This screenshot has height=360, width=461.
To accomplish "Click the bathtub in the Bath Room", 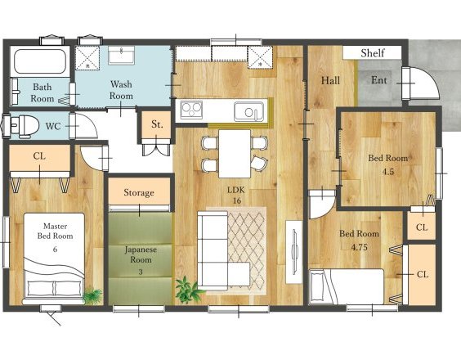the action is (x=40, y=61).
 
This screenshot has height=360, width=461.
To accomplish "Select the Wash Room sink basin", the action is (x=121, y=56).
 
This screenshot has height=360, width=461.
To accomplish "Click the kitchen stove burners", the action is (x=191, y=110).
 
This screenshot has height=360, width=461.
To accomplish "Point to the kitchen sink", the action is (x=248, y=111).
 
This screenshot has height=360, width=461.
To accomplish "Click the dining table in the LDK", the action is (x=235, y=154).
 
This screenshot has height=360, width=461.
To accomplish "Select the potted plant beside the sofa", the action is (x=188, y=289).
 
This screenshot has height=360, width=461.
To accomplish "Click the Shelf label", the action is (x=373, y=53).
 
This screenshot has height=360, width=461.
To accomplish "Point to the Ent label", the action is (x=379, y=79).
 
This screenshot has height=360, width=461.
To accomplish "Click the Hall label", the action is (x=330, y=80).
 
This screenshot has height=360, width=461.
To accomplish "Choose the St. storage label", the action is (x=157, y=124).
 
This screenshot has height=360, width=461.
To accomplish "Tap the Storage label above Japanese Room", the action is (x=139, y=192).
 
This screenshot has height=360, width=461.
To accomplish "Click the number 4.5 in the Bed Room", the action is (x=387, y=172).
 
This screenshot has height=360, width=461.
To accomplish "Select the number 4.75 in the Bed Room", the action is (x=360, y=247).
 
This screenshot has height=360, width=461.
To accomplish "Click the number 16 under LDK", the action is (x=237, y=201).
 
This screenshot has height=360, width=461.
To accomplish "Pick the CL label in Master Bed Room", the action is (x=39, y=156).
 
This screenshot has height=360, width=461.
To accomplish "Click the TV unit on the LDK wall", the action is (x=294, y=252).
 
